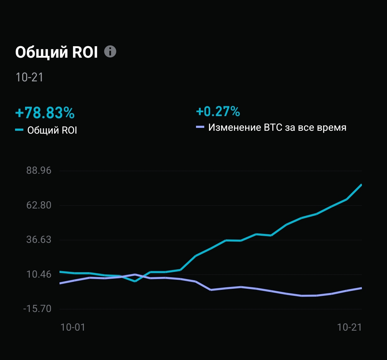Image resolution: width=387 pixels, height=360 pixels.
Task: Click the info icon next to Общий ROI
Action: (110, 52)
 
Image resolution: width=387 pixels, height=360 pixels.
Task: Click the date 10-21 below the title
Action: (29, 77)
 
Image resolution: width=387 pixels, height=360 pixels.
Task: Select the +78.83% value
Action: (45, 113)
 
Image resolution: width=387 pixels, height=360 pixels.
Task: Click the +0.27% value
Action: (218, 111)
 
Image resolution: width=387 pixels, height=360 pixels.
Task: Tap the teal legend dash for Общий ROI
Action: (19, 130)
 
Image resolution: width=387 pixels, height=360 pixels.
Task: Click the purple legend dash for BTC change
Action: (200, 127)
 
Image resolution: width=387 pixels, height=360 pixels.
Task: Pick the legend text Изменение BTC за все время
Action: (277, 128)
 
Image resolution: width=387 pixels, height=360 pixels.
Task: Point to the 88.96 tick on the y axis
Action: (39, 171)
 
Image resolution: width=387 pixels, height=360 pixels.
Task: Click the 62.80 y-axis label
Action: (39, 205)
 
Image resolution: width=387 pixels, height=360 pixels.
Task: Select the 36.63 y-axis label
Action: (39, 240)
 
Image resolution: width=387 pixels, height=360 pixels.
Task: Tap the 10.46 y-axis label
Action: (39, 274)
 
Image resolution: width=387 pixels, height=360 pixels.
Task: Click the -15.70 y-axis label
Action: (37, 309)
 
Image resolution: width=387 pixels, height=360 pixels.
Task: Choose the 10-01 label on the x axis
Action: (73, 327)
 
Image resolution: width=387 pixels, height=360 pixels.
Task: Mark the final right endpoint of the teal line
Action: (361, 185)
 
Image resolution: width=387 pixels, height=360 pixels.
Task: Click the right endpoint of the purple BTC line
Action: (361, 288)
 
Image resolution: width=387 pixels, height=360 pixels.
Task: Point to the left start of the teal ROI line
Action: (60, 272)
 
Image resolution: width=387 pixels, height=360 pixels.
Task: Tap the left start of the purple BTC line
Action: (60, 283)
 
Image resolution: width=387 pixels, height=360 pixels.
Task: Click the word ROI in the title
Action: (85, 53)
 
